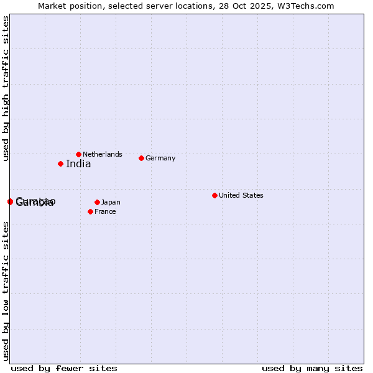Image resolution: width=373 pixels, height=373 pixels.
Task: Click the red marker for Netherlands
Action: point(78,154)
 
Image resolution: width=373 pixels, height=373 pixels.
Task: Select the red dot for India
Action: point(60,164)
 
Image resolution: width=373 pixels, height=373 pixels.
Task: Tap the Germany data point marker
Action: point(141,158)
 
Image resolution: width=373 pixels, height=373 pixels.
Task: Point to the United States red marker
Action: point(214,195)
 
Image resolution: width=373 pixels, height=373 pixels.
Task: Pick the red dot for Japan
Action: point(97,202)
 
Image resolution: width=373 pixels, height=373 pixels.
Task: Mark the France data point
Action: point(90,211)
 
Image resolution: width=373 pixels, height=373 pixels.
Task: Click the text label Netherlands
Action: point(103,154)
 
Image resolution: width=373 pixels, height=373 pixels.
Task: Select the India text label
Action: point(78,164)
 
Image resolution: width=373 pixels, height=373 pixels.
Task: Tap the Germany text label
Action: point(160,158)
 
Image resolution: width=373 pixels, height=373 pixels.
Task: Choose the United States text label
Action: point(241,195)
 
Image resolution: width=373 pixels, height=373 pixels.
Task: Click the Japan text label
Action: point(111,202)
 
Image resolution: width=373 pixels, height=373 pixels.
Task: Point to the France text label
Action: point(105,211)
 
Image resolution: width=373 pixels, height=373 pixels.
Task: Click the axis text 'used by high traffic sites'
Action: point(6,88)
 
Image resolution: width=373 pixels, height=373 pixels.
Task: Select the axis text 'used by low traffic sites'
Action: point(6,290)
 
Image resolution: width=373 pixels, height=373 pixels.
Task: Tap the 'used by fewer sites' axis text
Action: point(64,368)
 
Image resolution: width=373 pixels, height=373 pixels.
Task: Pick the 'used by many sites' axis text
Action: point(312,368)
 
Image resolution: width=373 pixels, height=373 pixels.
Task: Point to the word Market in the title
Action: point(52,6)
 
